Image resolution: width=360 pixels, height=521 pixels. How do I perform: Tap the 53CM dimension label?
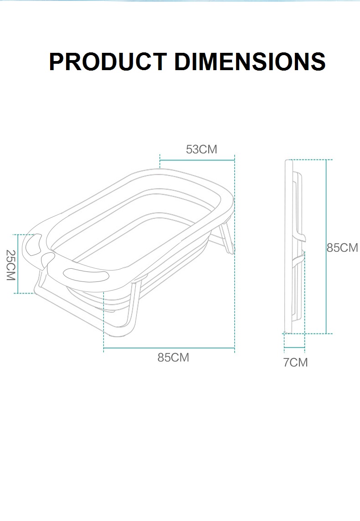tap(201, 149)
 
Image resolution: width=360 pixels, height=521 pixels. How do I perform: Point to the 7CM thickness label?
tap(295, 363)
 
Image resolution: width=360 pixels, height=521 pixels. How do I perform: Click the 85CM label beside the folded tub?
tap(342, 248)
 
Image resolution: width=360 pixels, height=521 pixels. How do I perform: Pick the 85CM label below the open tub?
tap(173, 358)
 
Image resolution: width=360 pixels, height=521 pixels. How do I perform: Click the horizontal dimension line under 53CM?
tap(197, 160)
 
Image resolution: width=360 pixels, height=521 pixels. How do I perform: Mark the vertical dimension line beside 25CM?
tap(18, 264)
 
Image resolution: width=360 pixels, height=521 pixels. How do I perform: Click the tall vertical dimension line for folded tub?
tap(326, 246)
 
